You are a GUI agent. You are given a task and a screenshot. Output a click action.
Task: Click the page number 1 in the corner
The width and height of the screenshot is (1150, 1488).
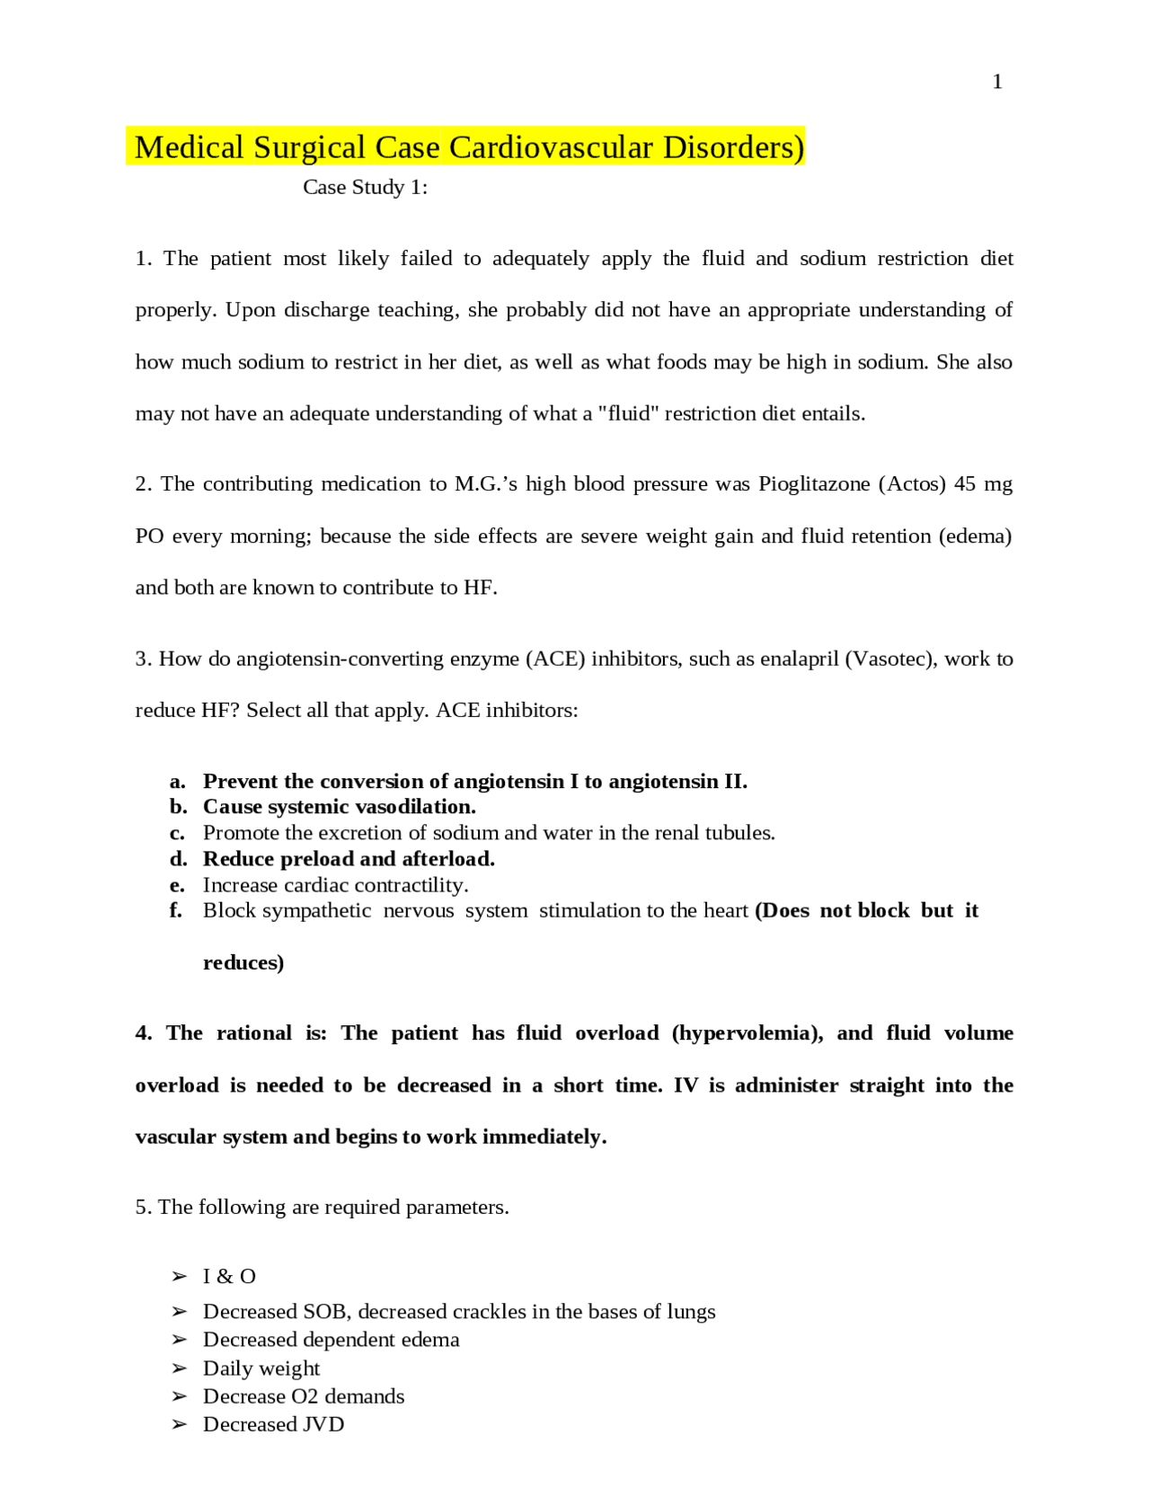pos(997,82)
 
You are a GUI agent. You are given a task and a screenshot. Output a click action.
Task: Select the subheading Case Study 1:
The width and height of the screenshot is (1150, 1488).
pos(365,187)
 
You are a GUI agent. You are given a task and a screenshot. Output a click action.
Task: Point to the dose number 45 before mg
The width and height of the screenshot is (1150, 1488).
pos(964,483)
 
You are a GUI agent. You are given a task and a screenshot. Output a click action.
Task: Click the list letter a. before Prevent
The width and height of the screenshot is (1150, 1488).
pos(178,782)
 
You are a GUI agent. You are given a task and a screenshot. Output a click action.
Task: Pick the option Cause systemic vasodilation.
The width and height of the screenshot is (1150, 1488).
pos(339,807)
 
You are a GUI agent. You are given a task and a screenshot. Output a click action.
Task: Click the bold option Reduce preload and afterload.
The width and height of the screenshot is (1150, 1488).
pos(349,859)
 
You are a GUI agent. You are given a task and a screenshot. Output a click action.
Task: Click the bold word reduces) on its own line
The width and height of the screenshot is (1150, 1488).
pos(243,962)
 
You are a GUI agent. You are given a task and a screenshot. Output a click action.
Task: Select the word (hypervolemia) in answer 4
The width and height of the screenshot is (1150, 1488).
pos(747,1032)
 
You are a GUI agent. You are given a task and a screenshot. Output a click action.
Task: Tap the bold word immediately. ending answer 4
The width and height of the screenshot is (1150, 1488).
pos(544,1137)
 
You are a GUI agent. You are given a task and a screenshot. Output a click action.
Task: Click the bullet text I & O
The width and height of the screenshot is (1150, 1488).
pos(229,1277)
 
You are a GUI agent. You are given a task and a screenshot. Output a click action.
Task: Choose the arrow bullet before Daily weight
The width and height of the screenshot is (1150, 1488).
pos(179,1368)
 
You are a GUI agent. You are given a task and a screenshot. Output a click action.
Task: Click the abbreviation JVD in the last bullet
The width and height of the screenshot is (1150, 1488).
pos(323,1424)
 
